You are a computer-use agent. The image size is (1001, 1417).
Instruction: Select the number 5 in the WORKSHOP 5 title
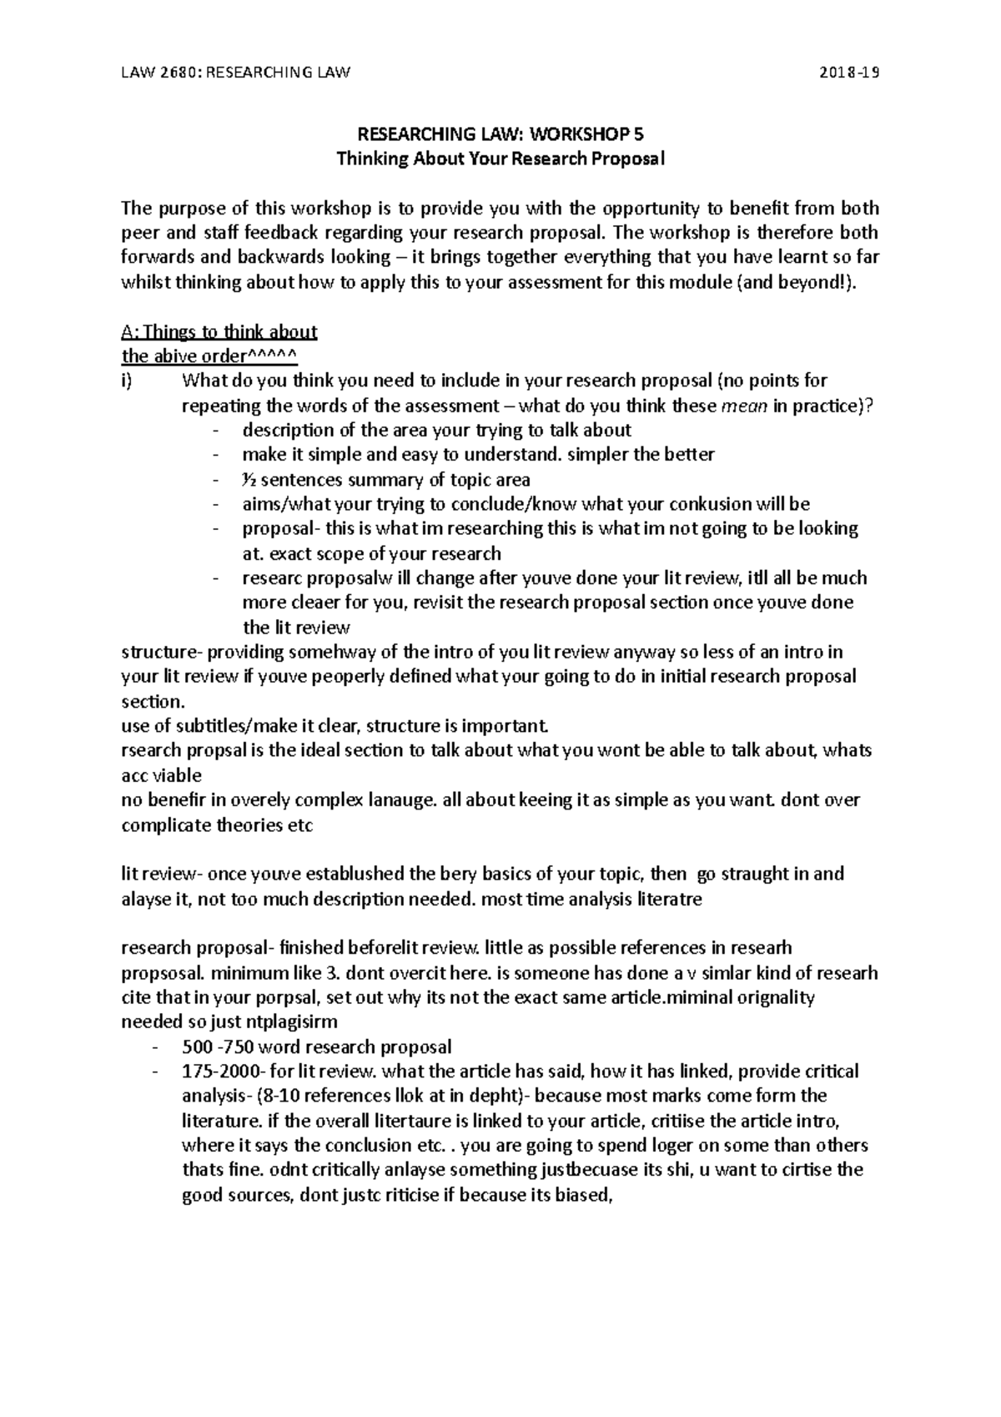[639, 134]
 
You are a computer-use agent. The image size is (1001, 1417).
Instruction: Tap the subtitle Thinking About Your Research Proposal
[500, 159]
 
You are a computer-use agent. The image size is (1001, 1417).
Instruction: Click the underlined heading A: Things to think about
[219, 332]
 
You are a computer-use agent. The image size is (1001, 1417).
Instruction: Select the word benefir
[175, 799]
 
